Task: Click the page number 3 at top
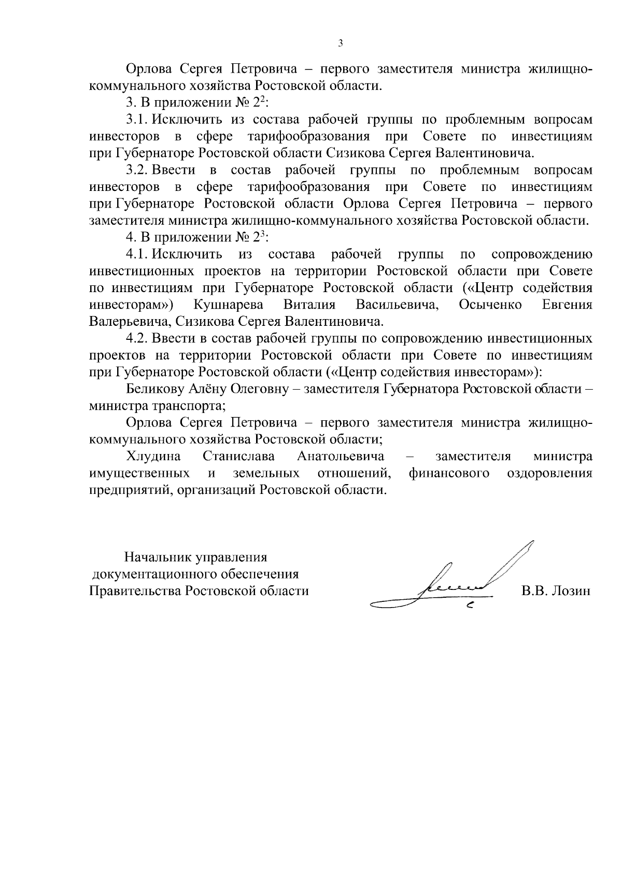340,43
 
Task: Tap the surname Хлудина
153,457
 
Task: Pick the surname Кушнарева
228,305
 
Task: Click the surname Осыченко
490,305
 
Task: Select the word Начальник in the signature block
157,558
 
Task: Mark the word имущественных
138,473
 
